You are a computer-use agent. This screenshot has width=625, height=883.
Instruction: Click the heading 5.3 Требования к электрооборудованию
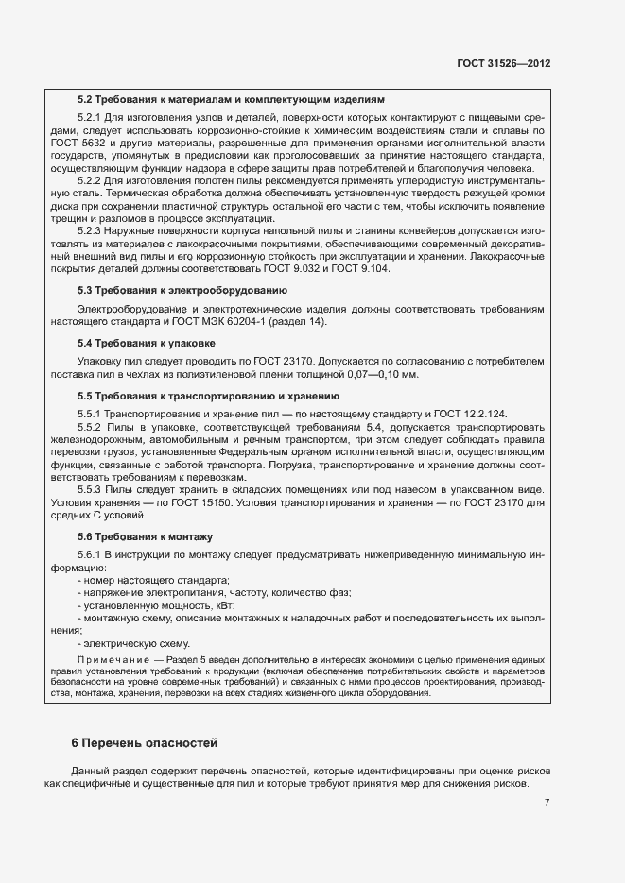(x=188, y=290)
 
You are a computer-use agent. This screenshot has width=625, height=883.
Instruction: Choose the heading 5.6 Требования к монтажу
(x=145, y=536)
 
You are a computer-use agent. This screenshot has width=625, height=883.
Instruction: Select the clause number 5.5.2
(x=88, y=427)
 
